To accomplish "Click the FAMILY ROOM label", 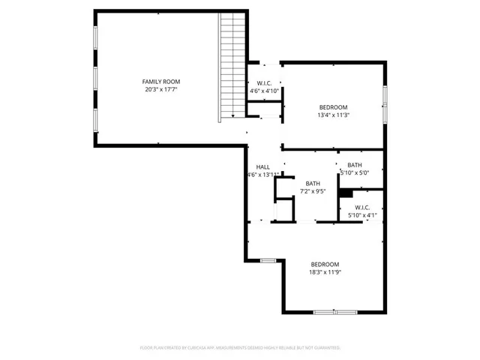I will click(x=161, y=82).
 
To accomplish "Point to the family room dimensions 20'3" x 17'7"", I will click(x=161, y=90).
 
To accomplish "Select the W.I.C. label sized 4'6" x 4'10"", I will click(x=264, y=83).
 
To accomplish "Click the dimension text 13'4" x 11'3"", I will click(x=334, y=115).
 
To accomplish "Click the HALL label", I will click(x=262, y=167).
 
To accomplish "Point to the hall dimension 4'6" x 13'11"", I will click(x=262, y=175).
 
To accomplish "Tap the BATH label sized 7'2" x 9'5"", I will click(x=313, y=183).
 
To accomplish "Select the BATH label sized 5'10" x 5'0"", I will click(x=355, y=165).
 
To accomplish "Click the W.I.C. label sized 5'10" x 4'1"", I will click(x=361, y=208).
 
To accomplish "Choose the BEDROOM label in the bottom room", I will click(x=325, y=264).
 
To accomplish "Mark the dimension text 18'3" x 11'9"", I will click(x=325, y=273).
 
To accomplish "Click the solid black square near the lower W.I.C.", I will click(x=345, y=193).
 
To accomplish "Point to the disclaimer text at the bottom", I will click(x=240, y=348).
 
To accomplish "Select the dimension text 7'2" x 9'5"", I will click(x=313, y=191).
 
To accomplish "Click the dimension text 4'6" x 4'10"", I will click(x=264, y=91).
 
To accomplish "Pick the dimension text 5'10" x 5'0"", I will click(x=355, y=173).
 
